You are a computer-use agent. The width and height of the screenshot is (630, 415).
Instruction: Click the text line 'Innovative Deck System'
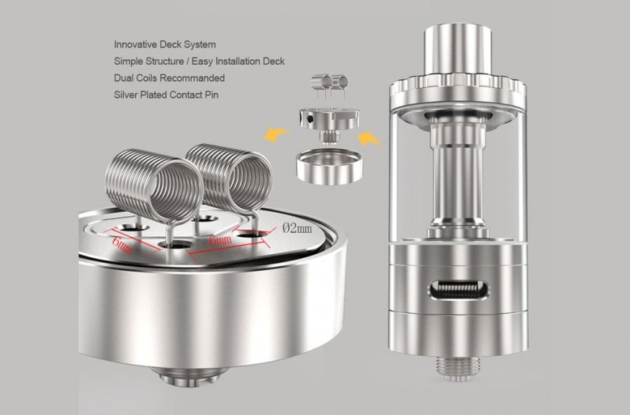coord(165,44)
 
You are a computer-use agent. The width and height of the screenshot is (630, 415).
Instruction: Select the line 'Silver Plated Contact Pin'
coord(166,95)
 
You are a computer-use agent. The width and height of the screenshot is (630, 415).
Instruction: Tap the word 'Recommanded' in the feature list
coord(192,78)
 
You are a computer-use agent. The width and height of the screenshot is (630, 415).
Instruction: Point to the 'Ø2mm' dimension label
coord(297,228)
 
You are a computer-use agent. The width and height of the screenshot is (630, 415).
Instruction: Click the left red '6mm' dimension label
coord(122,245)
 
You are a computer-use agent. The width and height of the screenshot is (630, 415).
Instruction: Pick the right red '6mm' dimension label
coord(220,241)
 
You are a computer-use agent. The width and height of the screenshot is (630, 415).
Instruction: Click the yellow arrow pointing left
coord(276,133)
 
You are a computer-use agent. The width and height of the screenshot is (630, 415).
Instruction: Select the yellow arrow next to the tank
coord(369,138)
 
